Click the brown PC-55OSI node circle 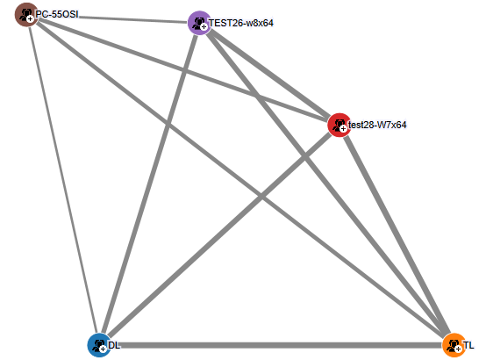(x=27, y=15)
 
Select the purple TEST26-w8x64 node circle (x=200, y=23)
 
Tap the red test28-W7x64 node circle (x=339, y=125)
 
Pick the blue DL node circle (x=99, y=345)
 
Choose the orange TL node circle (x=454, y=345)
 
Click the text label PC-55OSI (x=57, y=14)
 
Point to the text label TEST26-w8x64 (x=241, y=23)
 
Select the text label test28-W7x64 (x=377, y=125)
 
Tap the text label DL (x=114, y=345)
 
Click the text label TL (x=468, y=345)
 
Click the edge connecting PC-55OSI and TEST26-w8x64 (x=113, y=18)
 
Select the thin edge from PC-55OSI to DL (x=63, y=180)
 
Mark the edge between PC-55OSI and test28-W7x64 (x=183, y=70)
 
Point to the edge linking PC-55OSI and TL (x=241, y=180)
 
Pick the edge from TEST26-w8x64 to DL (x=150, y=184)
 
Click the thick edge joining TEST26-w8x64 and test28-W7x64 (x=270, y=74)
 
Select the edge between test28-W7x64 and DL (x=219, y=235)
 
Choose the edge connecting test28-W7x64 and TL (x=397, y=235)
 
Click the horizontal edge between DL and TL (x=277, y=345)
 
